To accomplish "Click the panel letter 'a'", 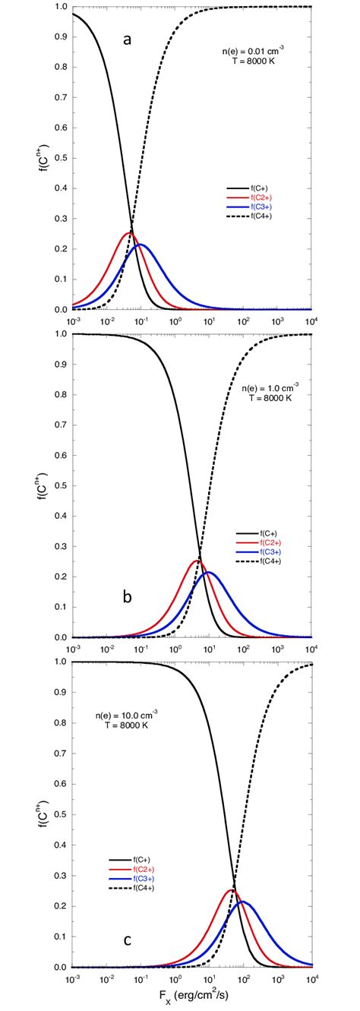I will [128, 39].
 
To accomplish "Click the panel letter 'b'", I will [128, 597].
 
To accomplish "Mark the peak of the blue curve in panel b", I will [209, 572].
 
